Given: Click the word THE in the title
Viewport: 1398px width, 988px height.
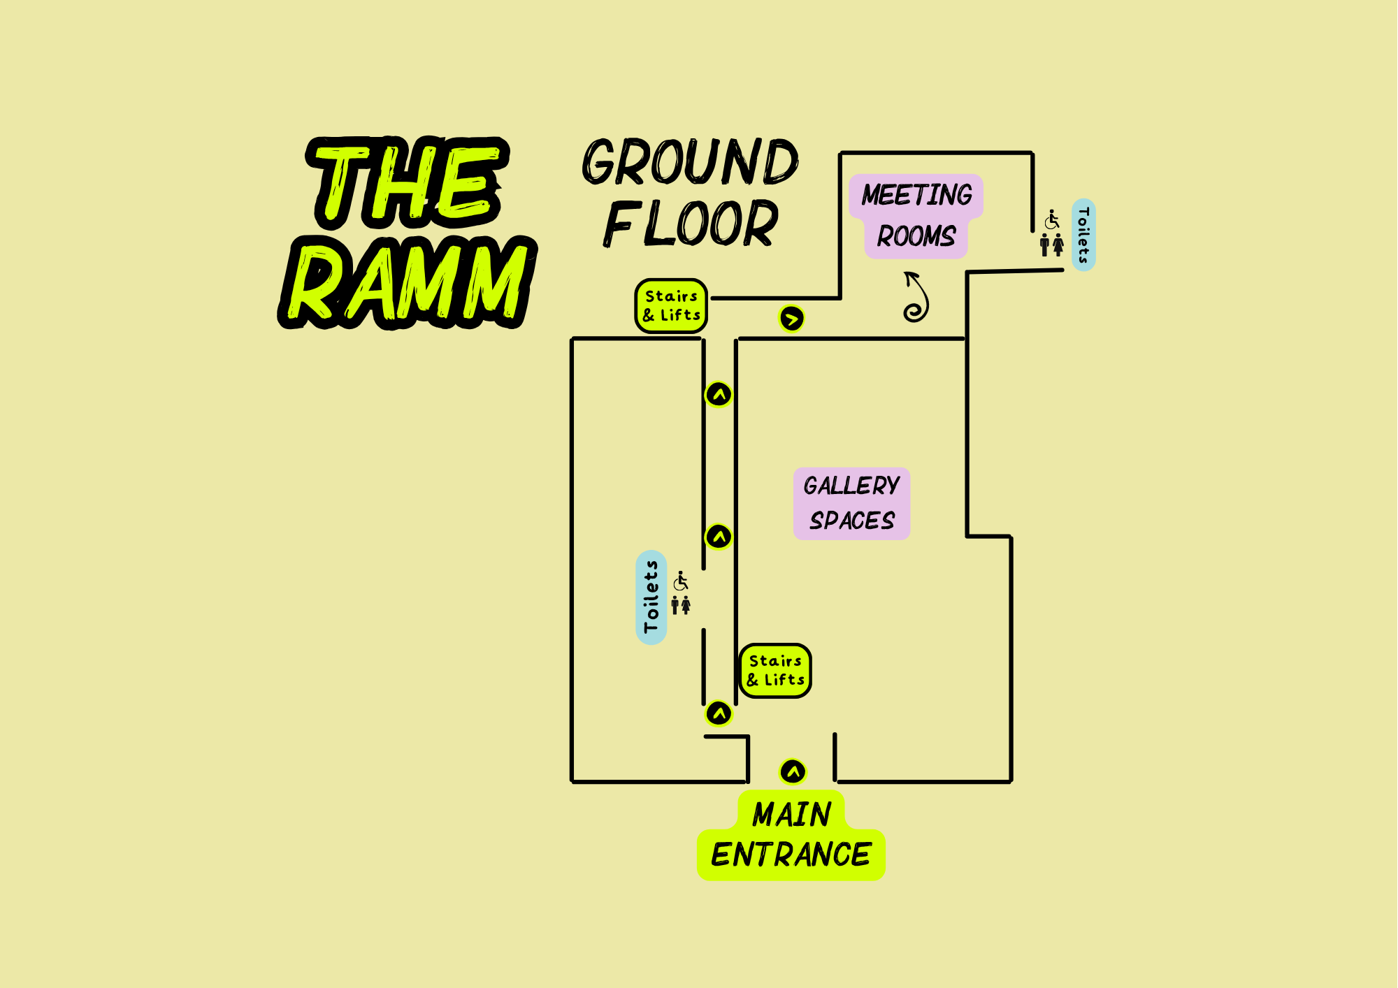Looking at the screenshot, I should coord(408,183).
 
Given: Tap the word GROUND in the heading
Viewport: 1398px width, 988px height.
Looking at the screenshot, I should coord(690,162).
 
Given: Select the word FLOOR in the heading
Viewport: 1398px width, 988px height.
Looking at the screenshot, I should coord(690,224).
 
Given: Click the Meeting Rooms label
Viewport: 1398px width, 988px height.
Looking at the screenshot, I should coord(916,216).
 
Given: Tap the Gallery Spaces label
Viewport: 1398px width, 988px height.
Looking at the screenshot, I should coord(851,503).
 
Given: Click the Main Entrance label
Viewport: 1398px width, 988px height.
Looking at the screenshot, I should coord(791,836).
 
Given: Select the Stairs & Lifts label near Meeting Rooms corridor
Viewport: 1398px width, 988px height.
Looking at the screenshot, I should coord(671,306).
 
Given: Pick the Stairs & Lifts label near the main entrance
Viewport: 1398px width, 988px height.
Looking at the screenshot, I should coord(775,671).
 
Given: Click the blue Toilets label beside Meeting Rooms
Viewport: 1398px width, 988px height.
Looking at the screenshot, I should coord(1083,235).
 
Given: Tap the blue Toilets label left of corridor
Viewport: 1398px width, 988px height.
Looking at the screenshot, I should coord(651,597).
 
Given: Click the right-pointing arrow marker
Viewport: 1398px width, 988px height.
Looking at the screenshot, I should coord(791,319).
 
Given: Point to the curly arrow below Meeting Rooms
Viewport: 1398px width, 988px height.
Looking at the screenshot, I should coord(916,298).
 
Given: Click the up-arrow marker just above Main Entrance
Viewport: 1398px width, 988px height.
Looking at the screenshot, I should coord(793,772).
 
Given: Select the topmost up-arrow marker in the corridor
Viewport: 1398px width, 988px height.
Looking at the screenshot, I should coord(719,395).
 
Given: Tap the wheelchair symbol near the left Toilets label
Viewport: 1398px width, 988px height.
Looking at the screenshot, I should coord(681,581).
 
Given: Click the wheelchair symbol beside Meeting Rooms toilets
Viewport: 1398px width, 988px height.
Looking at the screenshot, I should coord(1052,219).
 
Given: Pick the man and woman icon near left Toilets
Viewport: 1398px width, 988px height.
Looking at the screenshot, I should coord(681,605).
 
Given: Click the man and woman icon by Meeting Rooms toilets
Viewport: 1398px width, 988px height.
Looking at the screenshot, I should coord(1051,245).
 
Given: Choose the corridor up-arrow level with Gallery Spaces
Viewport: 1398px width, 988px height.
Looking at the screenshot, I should coord(719,537).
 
